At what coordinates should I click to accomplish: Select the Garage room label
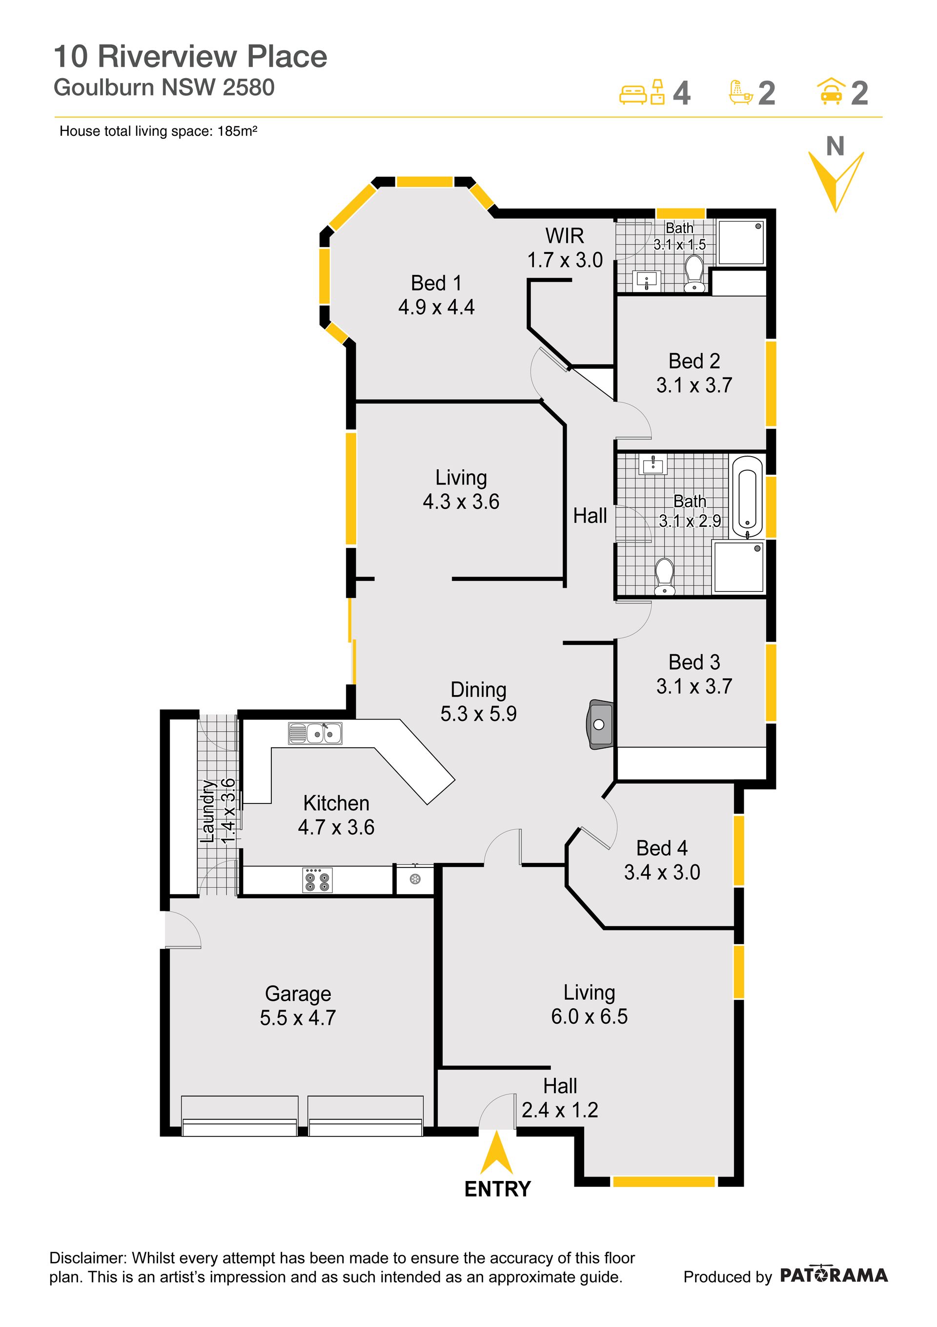click(298, 993)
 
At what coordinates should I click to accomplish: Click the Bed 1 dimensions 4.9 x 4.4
click(436, 307)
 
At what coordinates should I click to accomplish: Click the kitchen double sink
click(315, 734)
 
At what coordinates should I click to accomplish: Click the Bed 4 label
click(662, 848)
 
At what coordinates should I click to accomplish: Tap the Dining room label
click(478, 690)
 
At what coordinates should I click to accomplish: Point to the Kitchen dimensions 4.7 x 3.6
click(336, 827)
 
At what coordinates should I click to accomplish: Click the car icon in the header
click(831, 92)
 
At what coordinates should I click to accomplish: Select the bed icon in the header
click(633, 94)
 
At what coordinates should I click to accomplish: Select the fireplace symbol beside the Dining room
click(601, 724)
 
